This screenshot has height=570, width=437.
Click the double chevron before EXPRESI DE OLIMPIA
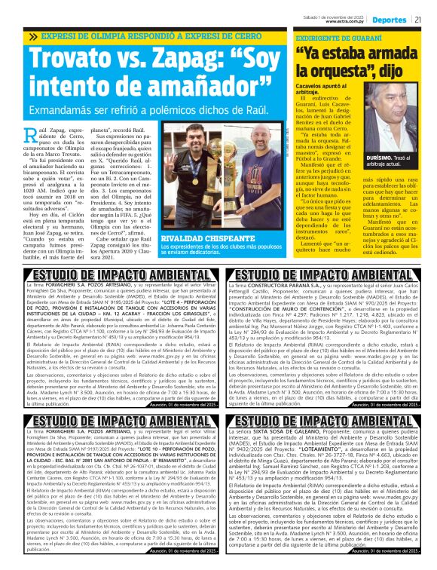pos(32,36)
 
